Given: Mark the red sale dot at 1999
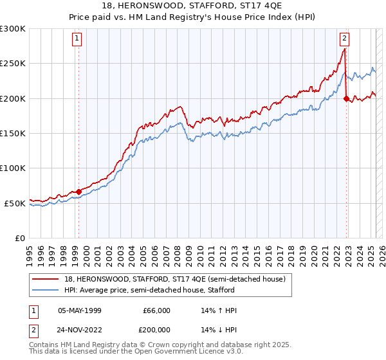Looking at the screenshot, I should click(78, 192).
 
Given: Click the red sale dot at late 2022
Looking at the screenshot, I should click(346, 98).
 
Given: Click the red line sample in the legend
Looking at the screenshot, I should click(46, 278).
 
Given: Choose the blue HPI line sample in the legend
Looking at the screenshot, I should click(46, 290).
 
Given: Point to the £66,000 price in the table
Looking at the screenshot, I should click(156, 310).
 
